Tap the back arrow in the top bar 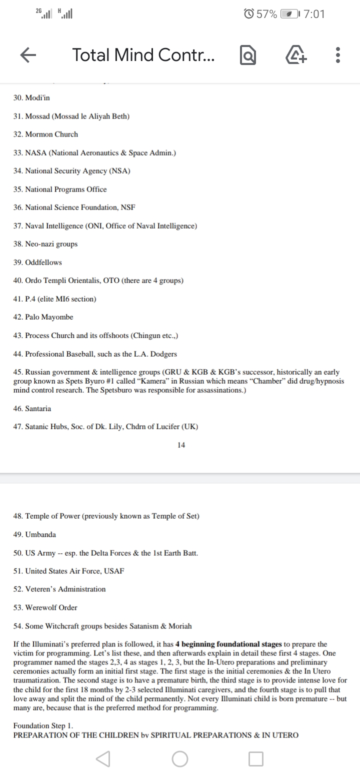click(x=28, y=55)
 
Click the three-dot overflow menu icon click(x=338, y=55)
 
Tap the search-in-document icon click(x=248, y=55)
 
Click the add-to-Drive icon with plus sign click(x=296, y=55)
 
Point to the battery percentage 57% click(x=266, y=14)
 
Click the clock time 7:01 click(x=314, y=14)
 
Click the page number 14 click(x=181, y=445)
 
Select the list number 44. click(x=18, y=354)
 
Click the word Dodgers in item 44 click(x=163, y=354)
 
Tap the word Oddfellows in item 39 click(x=43, y=262)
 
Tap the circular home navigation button click(x=180, y=758)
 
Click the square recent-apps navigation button click(x=255, y=758)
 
